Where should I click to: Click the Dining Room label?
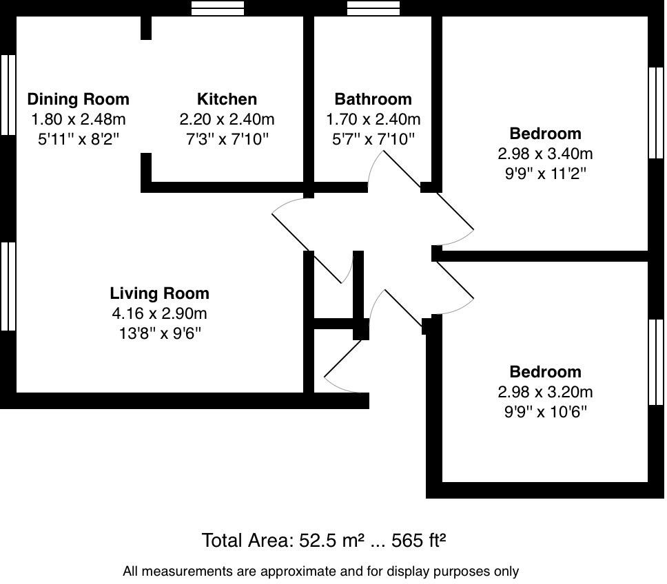[78, 99]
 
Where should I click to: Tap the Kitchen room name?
[227, 99]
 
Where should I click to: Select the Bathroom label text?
[373, 99]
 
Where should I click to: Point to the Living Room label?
[159, 293]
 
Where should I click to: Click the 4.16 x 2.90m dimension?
[159, 314]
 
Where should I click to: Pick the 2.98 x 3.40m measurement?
[545, 154]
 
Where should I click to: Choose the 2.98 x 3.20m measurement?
[545, 392]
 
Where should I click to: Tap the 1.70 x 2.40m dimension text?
[373, 119]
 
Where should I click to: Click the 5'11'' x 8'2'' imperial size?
[78, 139]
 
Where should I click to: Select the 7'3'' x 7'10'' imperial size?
[227, 139]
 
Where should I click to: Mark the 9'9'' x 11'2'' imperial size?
[545, 174]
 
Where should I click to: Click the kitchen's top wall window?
[218, 8]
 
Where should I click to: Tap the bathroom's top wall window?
[373, 8]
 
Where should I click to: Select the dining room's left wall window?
[8, 95]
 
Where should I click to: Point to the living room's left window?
[8, 286]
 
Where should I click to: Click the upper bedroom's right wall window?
[657, 113]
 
